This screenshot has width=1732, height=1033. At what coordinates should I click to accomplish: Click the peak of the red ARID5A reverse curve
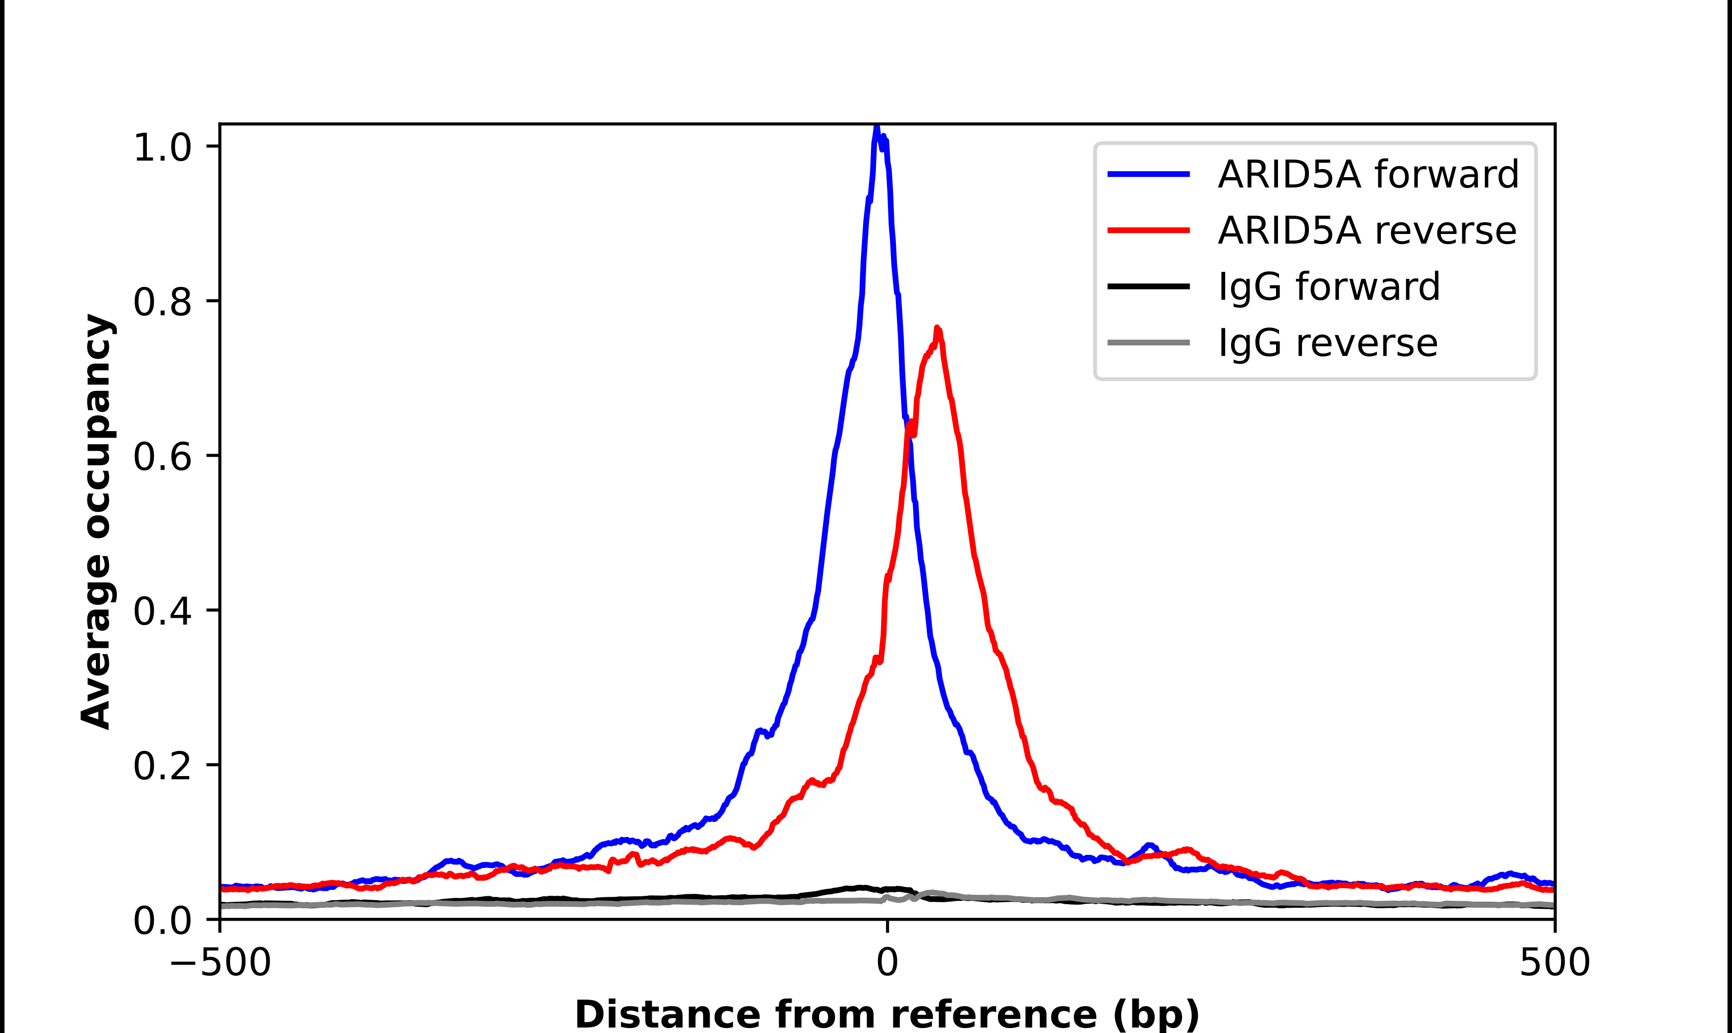click(937, 328)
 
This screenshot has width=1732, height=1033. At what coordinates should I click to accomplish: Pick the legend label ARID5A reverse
click(1366, 231)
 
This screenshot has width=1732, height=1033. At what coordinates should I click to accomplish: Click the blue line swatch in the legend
click(1148, 174)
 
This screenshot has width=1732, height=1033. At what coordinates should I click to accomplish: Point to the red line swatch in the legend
click(1148, 231)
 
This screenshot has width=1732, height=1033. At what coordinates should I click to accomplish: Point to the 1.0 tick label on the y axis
click(162, 148)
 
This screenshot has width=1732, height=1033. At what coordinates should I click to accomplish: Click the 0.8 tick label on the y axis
click(162, 302)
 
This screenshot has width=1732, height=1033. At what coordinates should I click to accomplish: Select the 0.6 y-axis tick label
click(162, 457)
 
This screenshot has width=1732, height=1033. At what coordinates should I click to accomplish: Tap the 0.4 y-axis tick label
click(162, 611)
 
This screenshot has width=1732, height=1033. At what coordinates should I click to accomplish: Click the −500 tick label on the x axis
click(220, 963)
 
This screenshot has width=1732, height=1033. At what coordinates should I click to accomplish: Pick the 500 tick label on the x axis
click(1554, 963)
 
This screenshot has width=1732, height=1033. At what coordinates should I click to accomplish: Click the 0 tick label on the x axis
click(887, 963)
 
